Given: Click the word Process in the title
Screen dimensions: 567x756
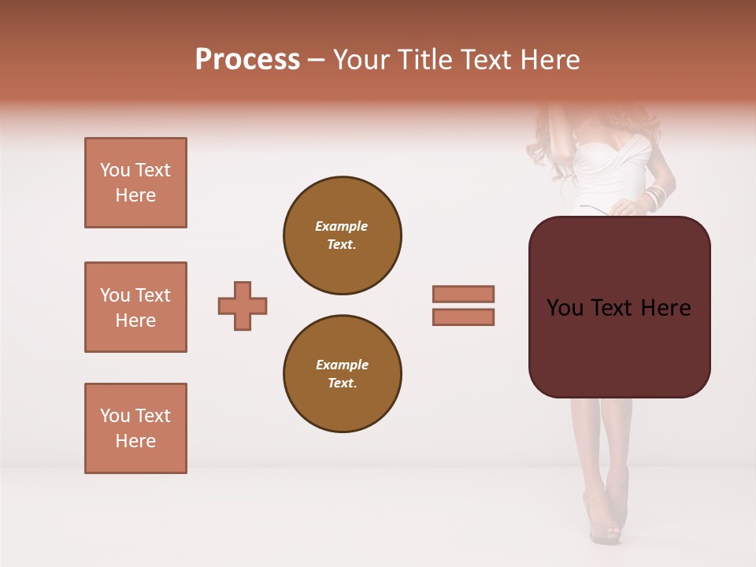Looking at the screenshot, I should click(247, 59).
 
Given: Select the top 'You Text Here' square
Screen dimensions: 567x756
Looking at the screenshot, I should click(135, 183).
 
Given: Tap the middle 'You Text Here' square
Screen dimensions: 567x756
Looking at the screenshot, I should click(135, 307).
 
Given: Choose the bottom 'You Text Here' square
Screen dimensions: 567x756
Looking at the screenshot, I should click(135, 428).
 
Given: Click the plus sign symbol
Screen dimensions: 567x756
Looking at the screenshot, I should click(243, 306).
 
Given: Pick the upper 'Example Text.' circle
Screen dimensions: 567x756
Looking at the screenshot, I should click(343, 235).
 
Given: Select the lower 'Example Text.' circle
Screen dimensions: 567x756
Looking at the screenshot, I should click(343, 374).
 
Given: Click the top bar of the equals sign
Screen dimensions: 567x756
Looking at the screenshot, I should click(464, 294).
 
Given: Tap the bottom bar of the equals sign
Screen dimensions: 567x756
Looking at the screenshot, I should click(464, 317).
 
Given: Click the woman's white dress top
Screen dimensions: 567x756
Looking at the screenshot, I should click(610, 169).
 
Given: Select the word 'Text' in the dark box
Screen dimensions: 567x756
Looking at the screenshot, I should click(618, 308).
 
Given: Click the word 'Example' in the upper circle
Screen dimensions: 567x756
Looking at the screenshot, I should click(342, 226).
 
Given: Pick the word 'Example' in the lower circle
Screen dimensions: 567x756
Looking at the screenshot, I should click(342, 365).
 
